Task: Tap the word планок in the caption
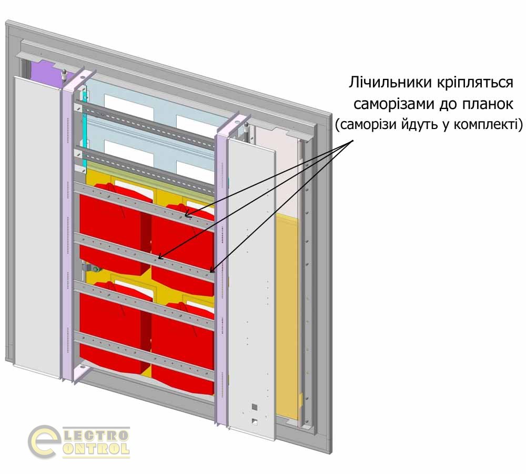coord(489,104)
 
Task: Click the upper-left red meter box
coord(110,226)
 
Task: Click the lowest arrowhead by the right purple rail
coord(212,271)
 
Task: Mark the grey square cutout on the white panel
coord(255,406)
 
